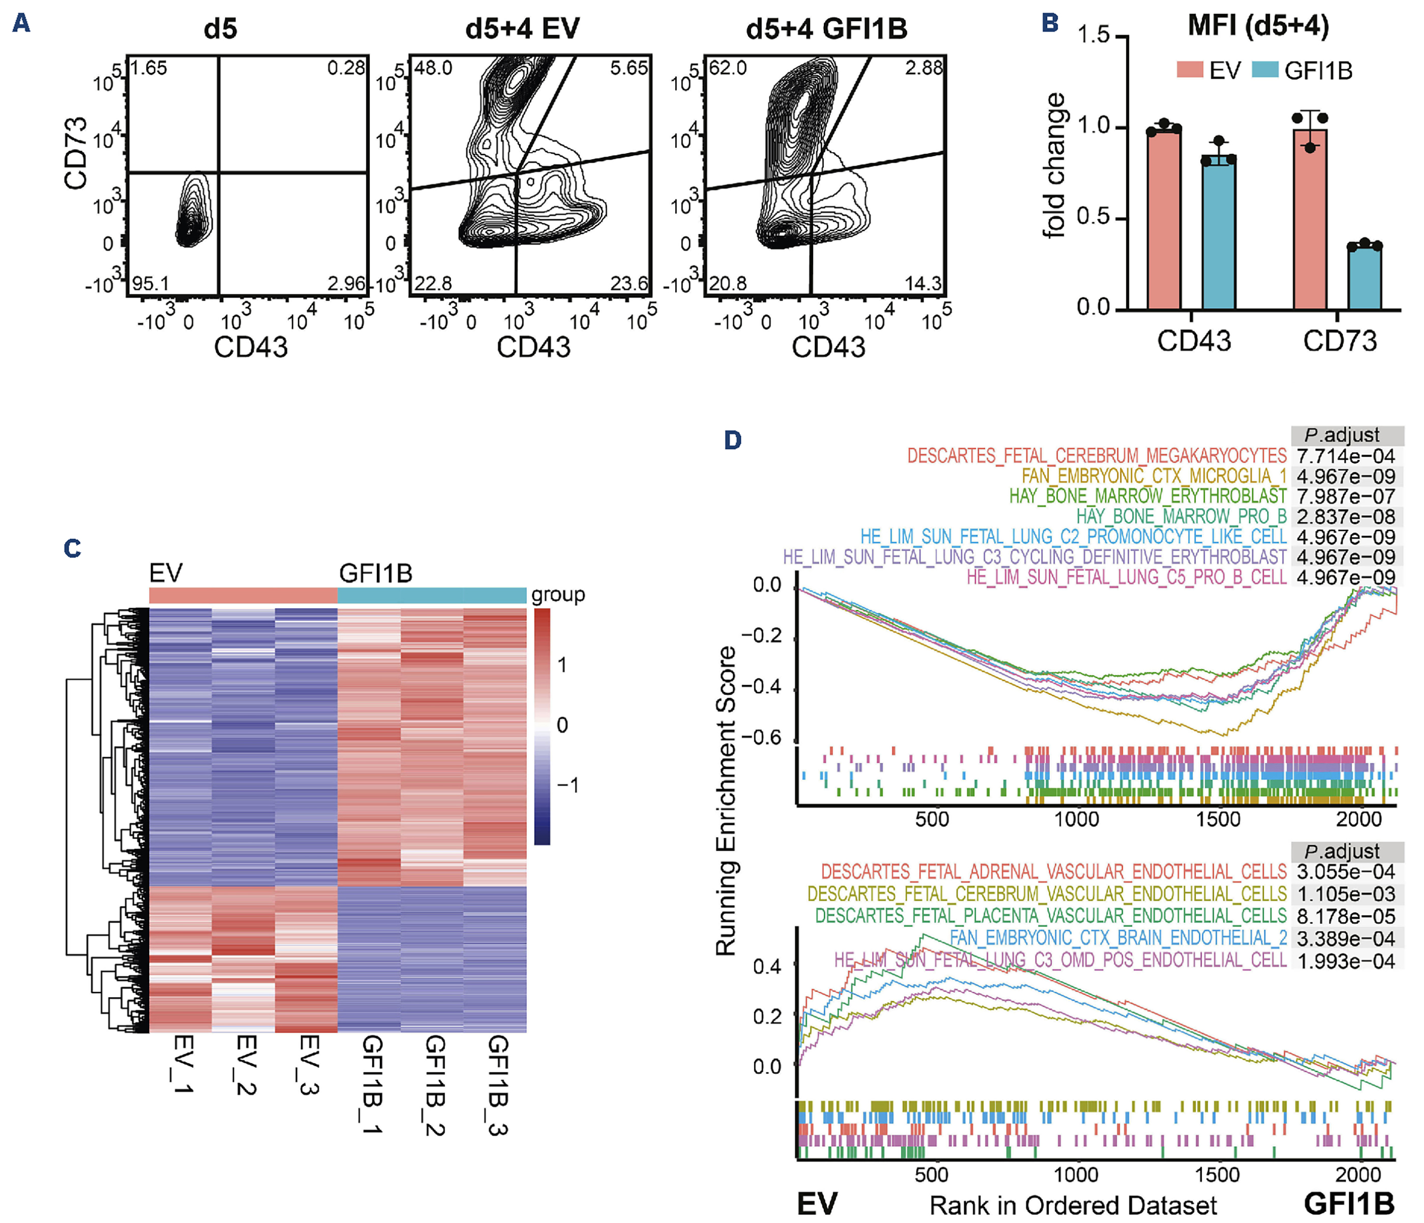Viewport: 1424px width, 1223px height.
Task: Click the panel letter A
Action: pyautogui.click(x=21, y=24)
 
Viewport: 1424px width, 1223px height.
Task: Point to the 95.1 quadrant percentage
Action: pyautogui.click(x=150, y=283)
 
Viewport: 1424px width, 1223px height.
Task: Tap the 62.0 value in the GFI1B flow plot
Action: pyautogui.click(x=728, y=68)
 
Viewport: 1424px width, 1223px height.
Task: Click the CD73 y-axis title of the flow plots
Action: pyautogui.click(x=76, y=153)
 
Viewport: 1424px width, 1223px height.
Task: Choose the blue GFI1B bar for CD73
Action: pyautogui.click(x=1364, y=278)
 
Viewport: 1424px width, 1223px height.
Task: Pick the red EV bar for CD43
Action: pyautogui.click(x=1164, y=219)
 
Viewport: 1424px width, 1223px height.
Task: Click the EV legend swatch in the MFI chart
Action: pyautogui.click(x=1190, y=70)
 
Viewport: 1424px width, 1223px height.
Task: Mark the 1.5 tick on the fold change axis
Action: pyautogui.click(x=1093, y=35)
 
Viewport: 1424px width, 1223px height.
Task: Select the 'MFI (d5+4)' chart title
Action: pyautogui.click(x=1258, y=25)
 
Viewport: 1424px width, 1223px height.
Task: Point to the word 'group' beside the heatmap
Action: pyautogui.click(x=557, y=594)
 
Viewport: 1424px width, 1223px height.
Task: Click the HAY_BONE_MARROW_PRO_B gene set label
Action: pyautogui.click(x=1181, y=517)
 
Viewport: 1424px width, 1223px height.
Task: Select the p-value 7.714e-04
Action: pyautogui.click(x=1345, y=456)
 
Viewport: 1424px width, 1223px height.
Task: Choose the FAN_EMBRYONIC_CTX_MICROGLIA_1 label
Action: pyautogui.click(x=1153, y=476)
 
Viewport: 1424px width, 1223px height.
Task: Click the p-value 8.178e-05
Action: pyautogui.click(x=1345, y=916)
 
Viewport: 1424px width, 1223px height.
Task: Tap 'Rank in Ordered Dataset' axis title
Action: pyautogui.click(x=1073, y=1205)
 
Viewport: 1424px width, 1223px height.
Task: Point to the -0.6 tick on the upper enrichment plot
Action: pyautogui.click(x=767, y=738)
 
